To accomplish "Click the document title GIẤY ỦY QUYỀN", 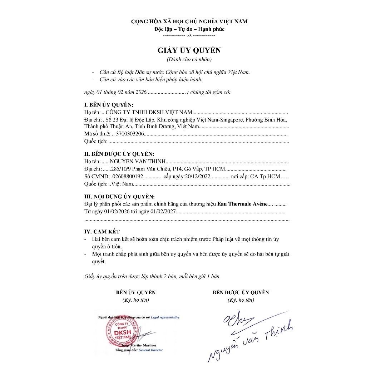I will (189, 50).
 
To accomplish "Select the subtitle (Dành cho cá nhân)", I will (189, 59).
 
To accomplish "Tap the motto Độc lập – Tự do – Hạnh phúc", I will (189, 29).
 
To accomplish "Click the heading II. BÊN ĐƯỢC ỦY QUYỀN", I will (119, 154).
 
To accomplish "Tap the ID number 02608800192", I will (127, 176).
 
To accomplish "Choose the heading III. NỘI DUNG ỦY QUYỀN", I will (119, 197).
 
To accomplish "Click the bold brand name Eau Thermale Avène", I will (242, 204).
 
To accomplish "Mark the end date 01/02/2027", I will (163, 212).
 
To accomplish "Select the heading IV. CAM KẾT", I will (102, 232).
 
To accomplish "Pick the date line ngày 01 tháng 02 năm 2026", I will (115, 92).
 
